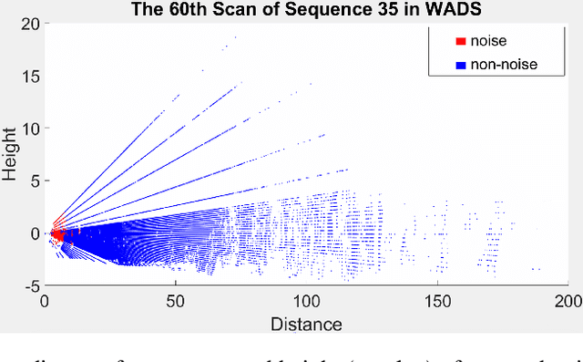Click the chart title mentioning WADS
point(305,10)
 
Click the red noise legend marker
point(459,41)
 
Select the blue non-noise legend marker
point(459,64)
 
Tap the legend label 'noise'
point(487,41)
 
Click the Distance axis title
point(305,325)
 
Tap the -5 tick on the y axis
point(28,286)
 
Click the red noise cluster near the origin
point(56,235)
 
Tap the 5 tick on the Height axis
point(33,181)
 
